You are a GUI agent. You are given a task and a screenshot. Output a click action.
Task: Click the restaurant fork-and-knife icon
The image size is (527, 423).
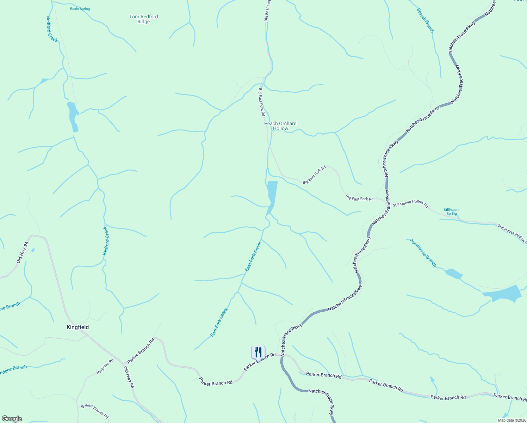pos(258,352)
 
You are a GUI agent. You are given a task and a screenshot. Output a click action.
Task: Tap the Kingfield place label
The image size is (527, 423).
pos(77,327)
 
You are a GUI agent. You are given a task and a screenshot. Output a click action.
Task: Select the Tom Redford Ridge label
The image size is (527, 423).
pos(144,19)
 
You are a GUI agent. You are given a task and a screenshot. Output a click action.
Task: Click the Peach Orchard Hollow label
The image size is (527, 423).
pos(280,126)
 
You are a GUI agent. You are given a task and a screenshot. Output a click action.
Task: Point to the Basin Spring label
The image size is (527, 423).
pos(80,9)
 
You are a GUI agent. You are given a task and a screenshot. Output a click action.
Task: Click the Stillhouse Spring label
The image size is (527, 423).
pos(452,211)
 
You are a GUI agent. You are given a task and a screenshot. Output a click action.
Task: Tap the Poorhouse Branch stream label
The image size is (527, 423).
pos(423,253)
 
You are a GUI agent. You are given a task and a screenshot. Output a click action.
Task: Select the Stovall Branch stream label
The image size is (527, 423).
pos(426,20)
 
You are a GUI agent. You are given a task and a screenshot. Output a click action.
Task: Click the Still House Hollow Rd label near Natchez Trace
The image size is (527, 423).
pos(410,204)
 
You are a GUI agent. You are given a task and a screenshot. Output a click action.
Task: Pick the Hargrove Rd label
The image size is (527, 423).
pos(105,367)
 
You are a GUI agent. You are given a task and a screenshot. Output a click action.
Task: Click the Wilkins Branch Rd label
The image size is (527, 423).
pos(94,411)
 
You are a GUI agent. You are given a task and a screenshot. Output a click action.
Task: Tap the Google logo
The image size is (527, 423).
pos(12,419)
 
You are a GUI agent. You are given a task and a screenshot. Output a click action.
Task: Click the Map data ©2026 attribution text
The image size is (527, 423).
pos(512,420)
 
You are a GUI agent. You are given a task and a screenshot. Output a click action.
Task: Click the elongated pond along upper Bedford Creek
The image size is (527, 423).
pos(73,116)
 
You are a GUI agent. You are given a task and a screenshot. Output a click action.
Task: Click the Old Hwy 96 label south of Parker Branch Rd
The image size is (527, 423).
pos(129,377)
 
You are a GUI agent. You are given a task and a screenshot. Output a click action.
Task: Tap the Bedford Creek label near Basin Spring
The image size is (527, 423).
pos(52,29)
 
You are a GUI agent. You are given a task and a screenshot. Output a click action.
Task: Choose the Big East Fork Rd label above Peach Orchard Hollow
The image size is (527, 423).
pos(261,102)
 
